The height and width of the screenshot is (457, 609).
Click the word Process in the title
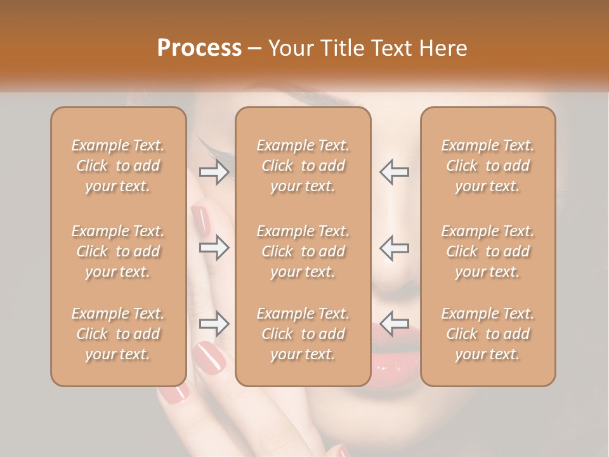199,48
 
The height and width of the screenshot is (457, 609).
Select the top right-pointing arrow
214,171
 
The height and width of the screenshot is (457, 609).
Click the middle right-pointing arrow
214,248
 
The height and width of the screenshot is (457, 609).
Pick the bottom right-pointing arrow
214,324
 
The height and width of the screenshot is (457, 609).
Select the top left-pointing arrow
394,171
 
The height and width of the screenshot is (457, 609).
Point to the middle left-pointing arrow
394,248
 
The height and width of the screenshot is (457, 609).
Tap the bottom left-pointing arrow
394,324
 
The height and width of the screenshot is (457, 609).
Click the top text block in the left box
118,166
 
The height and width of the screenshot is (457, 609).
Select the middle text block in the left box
118,251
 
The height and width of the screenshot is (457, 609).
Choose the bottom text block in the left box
118,334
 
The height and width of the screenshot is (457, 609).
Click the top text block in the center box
303,166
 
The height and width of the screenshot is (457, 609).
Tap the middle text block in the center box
303,251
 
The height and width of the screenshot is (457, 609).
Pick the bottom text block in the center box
303,334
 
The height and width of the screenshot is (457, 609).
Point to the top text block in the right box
488,166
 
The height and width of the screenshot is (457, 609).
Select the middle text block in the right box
488,251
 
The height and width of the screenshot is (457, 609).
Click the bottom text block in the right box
488,334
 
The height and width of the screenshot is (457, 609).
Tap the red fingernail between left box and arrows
201,219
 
